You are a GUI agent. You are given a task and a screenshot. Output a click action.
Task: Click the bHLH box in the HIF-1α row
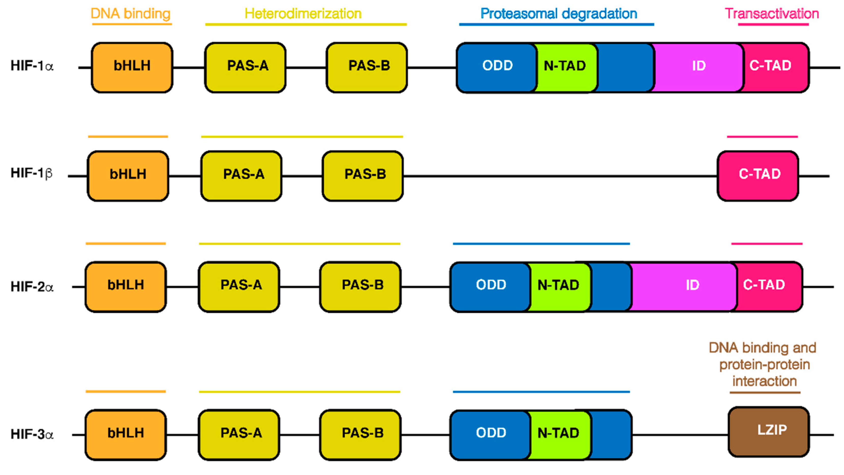132,67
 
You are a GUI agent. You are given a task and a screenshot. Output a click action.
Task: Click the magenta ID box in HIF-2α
685,286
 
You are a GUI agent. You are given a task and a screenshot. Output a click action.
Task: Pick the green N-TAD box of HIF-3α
559,434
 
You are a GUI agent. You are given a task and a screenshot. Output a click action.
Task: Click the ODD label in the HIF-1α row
497,66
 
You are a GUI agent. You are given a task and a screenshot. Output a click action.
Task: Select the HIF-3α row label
32,434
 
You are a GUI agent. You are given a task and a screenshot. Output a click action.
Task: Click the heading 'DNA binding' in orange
130,14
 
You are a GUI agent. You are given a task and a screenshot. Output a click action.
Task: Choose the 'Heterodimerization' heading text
303,14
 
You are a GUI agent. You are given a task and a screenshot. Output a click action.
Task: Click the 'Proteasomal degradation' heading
559,14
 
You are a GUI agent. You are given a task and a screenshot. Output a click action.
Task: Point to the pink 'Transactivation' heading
772,14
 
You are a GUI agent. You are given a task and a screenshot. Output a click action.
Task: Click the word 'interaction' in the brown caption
764,381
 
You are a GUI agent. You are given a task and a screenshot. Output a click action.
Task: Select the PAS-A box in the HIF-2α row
239,286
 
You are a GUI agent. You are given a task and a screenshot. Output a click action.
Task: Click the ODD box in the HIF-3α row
490,434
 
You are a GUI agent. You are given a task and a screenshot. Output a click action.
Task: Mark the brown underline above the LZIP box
765,392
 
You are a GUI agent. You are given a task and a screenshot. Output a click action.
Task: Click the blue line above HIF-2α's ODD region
541,244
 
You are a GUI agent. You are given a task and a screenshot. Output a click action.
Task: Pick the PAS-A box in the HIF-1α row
245,67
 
